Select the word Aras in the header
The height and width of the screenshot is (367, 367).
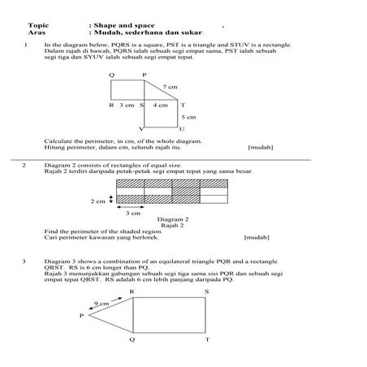coord(37,33)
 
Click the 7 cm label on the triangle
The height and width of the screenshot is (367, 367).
coord(170,86)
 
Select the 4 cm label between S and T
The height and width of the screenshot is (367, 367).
coord(162,106)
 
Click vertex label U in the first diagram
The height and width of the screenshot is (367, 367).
coord(181,129)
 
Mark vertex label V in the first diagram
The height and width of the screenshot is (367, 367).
coord(141,129)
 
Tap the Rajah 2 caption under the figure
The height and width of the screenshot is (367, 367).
coord(172,225)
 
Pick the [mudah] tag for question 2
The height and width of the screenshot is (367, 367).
coord(257,238)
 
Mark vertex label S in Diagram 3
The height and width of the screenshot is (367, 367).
coord(206,290)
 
